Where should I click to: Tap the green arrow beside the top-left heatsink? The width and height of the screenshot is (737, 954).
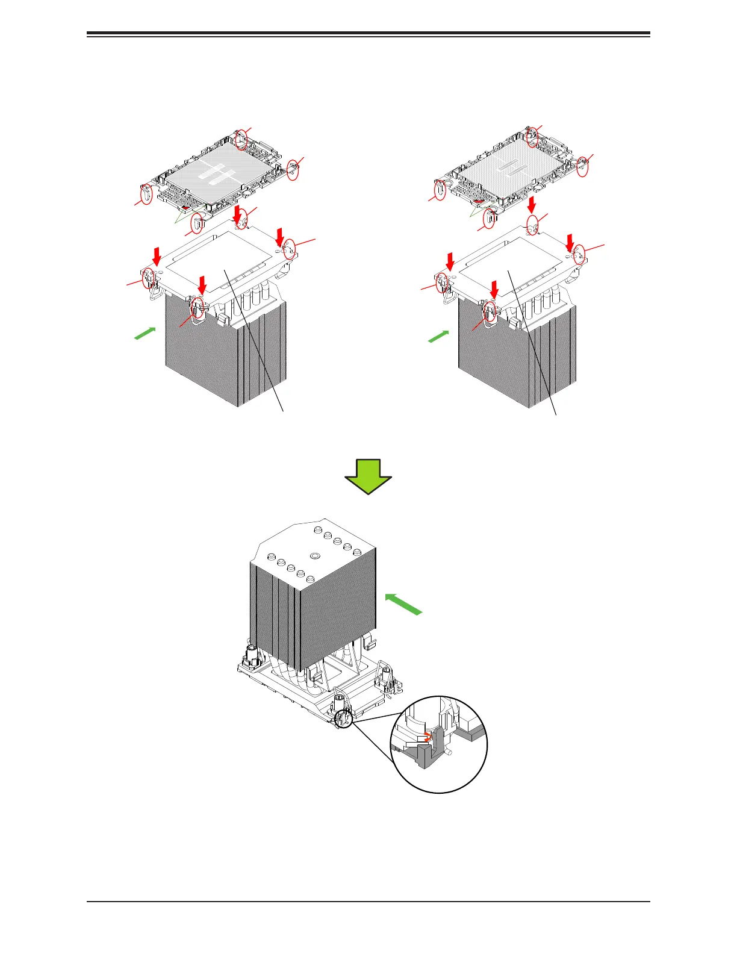pyautogui.click(x=145, y=333)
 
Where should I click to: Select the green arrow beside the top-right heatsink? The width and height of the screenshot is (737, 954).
pyautogui.click(x=439, y=336)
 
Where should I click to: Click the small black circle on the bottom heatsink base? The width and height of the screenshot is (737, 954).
pyautogui.click(x=344, y=718)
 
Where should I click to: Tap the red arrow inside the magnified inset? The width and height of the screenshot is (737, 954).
pyautogui.click(x=426, y=736)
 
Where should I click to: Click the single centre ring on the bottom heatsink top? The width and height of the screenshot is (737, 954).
pyautogui.click(x=314, y=556)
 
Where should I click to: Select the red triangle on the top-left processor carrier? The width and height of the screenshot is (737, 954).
pyautogui.click(x=186, y=208)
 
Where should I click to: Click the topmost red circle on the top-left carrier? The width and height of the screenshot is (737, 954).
pyautogui.click(x=241, y=139)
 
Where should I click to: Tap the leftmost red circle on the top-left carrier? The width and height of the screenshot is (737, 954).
pyautogui.click(x=146, y=194)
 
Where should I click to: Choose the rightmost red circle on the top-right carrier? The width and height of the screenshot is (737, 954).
pyautogui.click(x=582, y=167)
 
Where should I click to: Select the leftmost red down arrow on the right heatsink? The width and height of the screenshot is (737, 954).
pyautogui.click(x=450, y=261)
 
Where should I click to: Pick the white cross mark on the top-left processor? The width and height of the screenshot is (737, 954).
pyautogui.click(x=210, y=172)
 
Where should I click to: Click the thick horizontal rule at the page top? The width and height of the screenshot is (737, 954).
pyautogui.click(x=368, y=33)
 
